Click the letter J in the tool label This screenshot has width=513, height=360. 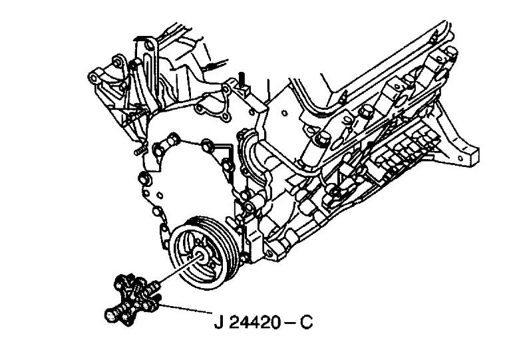point(219,322)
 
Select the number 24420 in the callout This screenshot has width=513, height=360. point(255,322)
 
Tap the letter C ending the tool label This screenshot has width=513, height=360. point(307,322)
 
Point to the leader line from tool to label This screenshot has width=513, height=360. point(186,309)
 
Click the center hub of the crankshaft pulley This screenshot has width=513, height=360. point(200,256)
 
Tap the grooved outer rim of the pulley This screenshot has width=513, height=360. point(206,252)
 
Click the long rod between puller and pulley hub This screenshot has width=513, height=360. point(179,270)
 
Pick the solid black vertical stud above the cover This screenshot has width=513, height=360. point(242,80)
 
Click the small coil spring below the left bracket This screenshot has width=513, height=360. point(140,150)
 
